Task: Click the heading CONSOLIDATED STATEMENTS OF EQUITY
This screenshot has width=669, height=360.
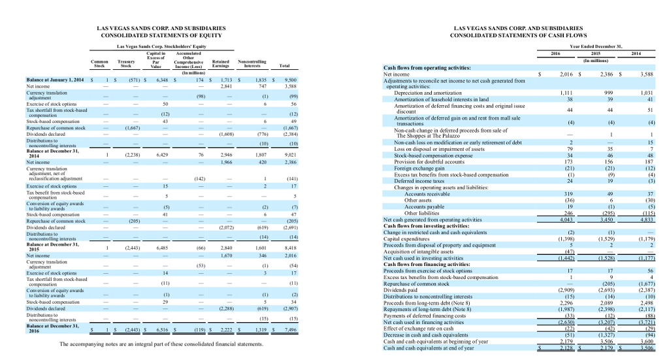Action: [161, 35]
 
